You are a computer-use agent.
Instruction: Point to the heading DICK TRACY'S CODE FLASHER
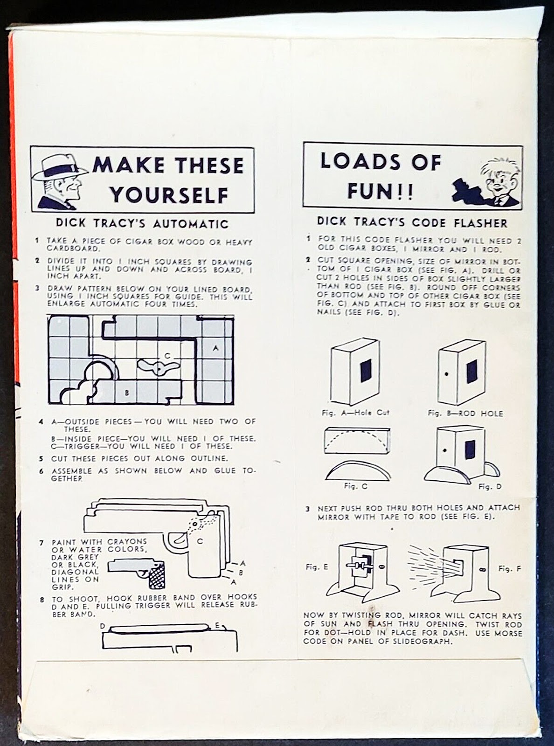click(412, 222)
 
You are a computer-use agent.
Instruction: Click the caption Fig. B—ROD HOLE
click(465, 413)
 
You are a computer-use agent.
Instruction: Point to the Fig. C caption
click(355, 486)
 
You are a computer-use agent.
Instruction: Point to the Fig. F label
click(509, 569)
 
